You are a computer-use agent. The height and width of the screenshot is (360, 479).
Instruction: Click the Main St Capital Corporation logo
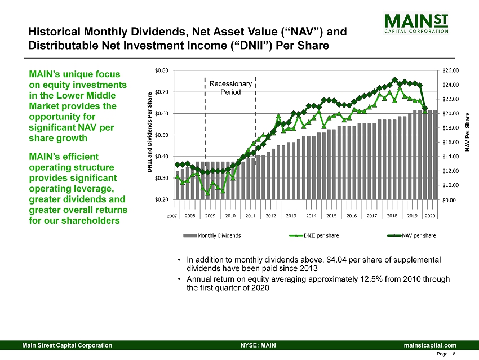click(416, 23)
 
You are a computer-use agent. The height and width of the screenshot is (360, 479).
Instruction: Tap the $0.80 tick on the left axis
click(162, 70)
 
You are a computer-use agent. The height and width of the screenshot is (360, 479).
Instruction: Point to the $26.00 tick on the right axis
click(451, 70)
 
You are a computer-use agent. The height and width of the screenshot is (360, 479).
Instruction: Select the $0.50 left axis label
click(162, 135)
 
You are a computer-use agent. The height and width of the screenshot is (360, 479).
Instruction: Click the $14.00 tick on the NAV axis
click(451, 157)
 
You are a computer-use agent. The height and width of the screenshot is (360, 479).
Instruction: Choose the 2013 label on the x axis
click(291, 216)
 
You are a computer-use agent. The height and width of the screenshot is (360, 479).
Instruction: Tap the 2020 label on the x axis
click(430, 216)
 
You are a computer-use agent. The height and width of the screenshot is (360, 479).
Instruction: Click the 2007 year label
click(172, 216)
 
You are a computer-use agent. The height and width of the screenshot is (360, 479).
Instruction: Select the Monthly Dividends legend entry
click(212, 235)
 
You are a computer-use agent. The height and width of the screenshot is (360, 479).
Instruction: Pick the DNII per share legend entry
click(314, 235)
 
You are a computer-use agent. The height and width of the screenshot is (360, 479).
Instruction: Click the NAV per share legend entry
click(411, 235)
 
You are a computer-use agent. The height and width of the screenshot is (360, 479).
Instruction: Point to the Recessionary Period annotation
click(230, 88)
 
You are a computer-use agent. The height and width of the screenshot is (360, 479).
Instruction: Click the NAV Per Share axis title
click(467, 132)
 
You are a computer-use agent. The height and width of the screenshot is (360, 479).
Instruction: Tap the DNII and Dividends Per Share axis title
click(150, 132)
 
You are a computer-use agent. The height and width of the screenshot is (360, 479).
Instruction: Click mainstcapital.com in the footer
click(430, 345)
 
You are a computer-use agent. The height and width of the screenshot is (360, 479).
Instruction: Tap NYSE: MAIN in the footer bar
click(258, 345)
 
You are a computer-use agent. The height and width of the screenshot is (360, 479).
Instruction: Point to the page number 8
click(454, 354)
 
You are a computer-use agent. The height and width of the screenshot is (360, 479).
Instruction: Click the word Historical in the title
click(54, 32)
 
